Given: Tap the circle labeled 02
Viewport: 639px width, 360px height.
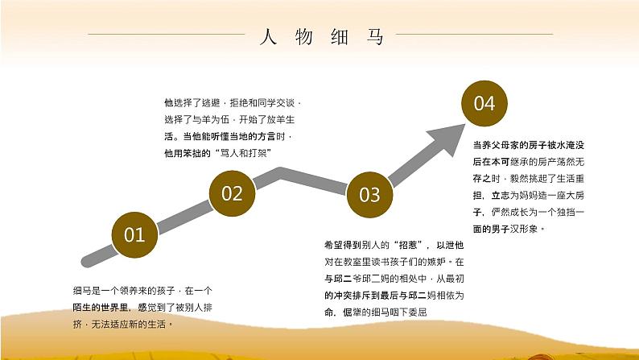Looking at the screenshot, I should click(232, 192).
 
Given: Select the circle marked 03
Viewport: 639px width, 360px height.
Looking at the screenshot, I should click(369, 194).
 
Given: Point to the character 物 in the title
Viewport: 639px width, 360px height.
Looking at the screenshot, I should click(304, 37).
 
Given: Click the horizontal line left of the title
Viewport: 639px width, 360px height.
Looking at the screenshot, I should click(165, 34).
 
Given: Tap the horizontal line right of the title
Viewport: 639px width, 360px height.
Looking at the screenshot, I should click(476, 34).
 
